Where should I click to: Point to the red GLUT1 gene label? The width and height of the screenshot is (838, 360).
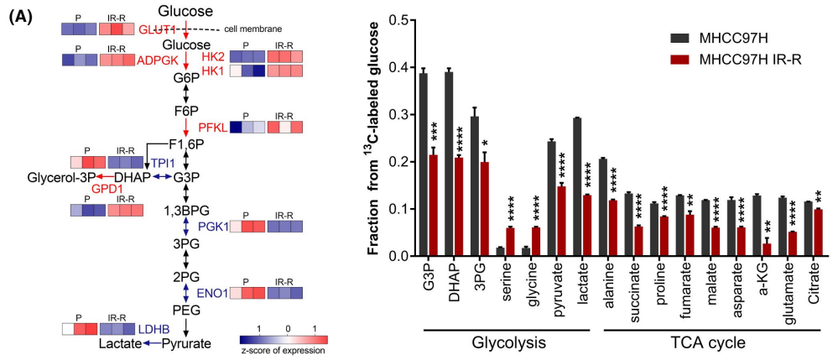click(156, 29)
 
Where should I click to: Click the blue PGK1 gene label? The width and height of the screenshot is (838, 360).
click(211, 227)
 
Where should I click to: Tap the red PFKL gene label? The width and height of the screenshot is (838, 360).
click(213, 128)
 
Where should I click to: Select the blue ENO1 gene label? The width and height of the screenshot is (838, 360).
click(212, 294)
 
